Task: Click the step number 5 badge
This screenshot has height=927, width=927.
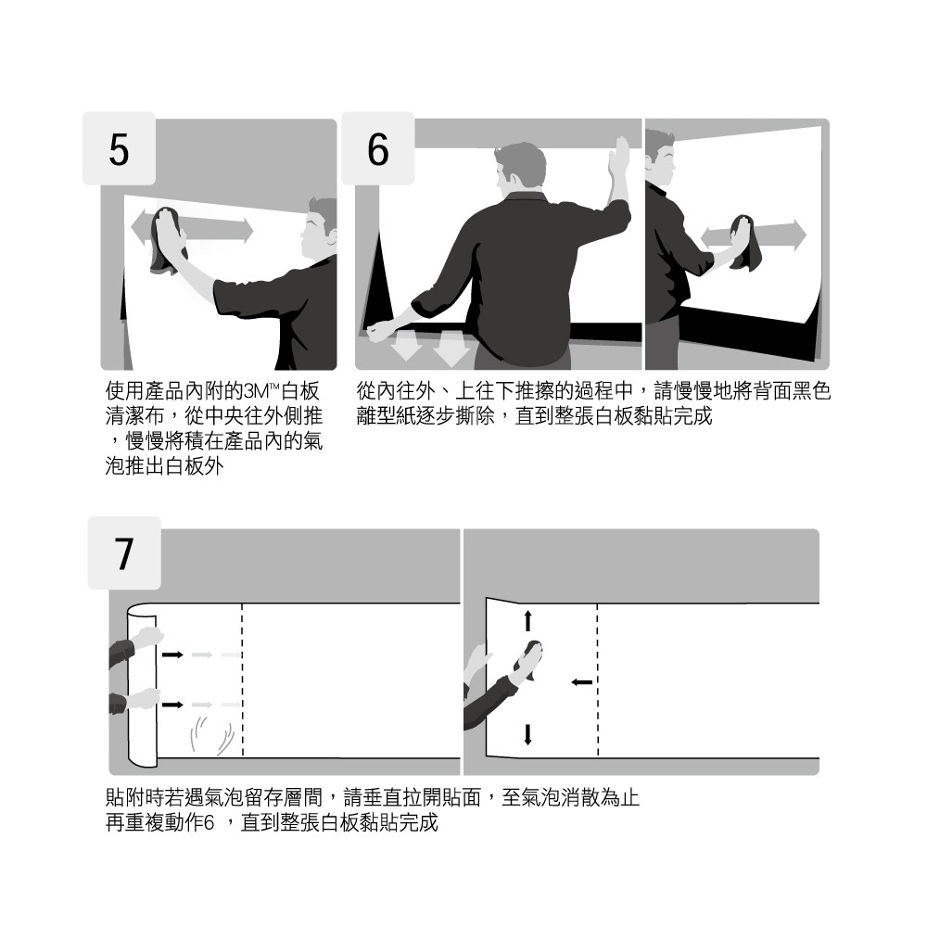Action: [x=119, y=148]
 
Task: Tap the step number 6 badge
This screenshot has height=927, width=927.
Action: [x=378, y=148]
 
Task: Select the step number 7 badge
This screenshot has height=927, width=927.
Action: [x=124, y=552]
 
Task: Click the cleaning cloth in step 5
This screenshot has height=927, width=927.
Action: [x=167, y=240]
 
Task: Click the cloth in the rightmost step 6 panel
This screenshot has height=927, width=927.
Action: [x=745, y=242]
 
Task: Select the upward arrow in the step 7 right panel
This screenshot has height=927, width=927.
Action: [x=528, y=621]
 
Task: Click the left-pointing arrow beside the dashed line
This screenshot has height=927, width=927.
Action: [x=582, y=682]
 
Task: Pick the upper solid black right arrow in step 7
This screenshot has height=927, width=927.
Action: [x=173, y=654]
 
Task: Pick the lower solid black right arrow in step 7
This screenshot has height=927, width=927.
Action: [x=173, y=705]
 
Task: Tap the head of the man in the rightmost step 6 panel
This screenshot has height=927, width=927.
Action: [x=660, y=157]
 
